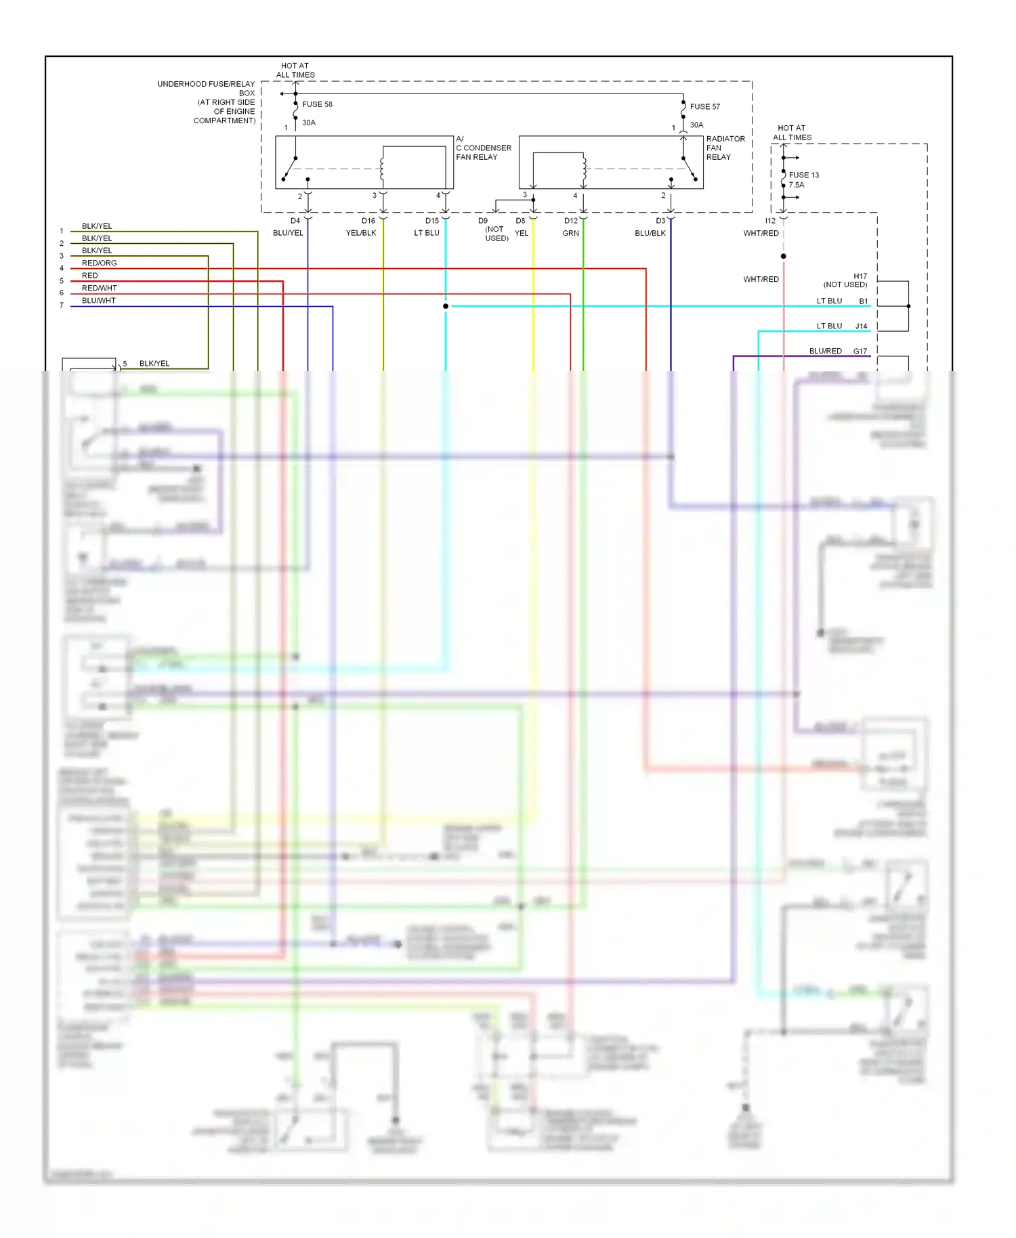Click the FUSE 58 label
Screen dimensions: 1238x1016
317,104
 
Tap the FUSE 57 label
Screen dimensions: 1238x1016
705,106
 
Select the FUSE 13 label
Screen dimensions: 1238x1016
804,175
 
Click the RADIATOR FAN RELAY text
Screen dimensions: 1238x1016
725,148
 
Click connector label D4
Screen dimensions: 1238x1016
295,221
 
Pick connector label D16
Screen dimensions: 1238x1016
368,221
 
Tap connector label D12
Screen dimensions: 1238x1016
571,221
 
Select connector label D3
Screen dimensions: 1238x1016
660,221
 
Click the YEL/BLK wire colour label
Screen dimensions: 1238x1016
361,233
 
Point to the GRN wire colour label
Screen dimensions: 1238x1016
571,233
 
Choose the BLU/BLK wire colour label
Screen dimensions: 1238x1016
650,233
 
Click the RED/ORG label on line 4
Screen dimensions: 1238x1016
100,263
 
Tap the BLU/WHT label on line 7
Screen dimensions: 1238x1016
99,300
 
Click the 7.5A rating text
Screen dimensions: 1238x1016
797,185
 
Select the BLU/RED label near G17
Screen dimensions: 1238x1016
825,351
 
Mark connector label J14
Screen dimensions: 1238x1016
861,326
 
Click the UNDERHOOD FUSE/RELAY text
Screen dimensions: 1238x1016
206,84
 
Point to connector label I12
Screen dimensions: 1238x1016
771,221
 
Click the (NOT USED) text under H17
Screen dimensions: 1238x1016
845,284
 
